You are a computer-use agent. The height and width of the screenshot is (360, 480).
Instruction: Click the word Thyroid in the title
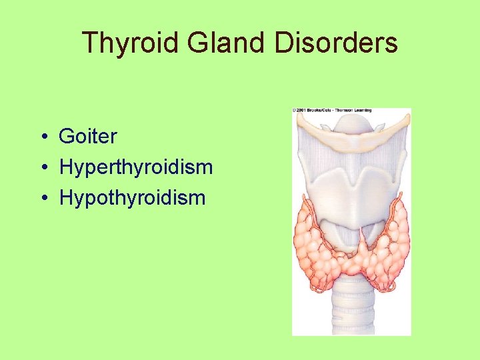coord(131,44)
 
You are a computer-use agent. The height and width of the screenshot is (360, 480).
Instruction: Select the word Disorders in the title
coord(339,44)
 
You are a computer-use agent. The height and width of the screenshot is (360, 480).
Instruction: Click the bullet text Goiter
coord(88,137)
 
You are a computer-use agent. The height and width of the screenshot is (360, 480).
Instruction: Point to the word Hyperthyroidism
coord(136,167)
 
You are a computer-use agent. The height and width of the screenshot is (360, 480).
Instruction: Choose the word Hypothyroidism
coord(133,197)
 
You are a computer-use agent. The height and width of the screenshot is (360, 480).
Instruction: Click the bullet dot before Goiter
coord(42,137)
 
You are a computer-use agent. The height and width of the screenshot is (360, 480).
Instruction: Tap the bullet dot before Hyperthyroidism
coord(42,168)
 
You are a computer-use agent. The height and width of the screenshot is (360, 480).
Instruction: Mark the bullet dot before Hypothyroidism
coord(42,198)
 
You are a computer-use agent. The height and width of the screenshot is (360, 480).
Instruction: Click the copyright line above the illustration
coord(332,110)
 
